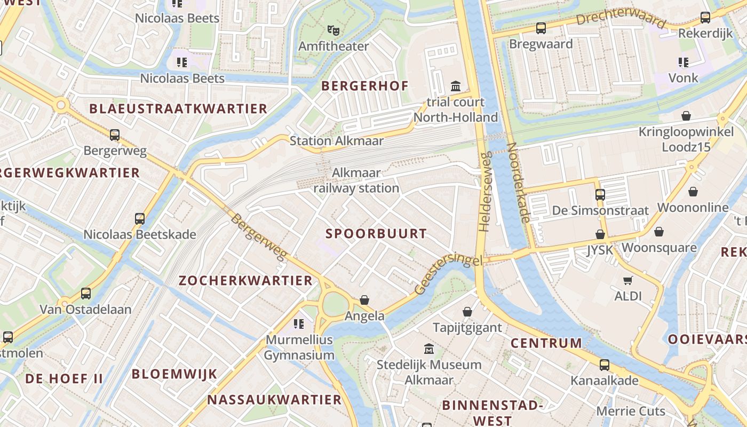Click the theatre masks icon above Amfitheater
click(333, 30)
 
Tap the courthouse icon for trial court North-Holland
click(456, 86)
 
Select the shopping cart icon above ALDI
click(628, 280)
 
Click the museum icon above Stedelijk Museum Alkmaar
click(428, 349)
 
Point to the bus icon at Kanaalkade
click(604, 365)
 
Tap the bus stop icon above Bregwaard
click(541, 28)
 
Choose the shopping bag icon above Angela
click(364, 300)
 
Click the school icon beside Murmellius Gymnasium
click(299, 324)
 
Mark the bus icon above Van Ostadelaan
click(85, 293)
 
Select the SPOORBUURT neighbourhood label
click(376, 233)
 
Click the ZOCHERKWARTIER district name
click(245, 281)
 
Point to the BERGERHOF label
click(364, 86)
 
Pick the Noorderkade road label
click(518, 183)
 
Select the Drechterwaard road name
click(621, 17)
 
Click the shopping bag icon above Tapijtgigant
click(467, 312)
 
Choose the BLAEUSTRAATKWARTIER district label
click(178, 109)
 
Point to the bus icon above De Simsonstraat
click(600, 195)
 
